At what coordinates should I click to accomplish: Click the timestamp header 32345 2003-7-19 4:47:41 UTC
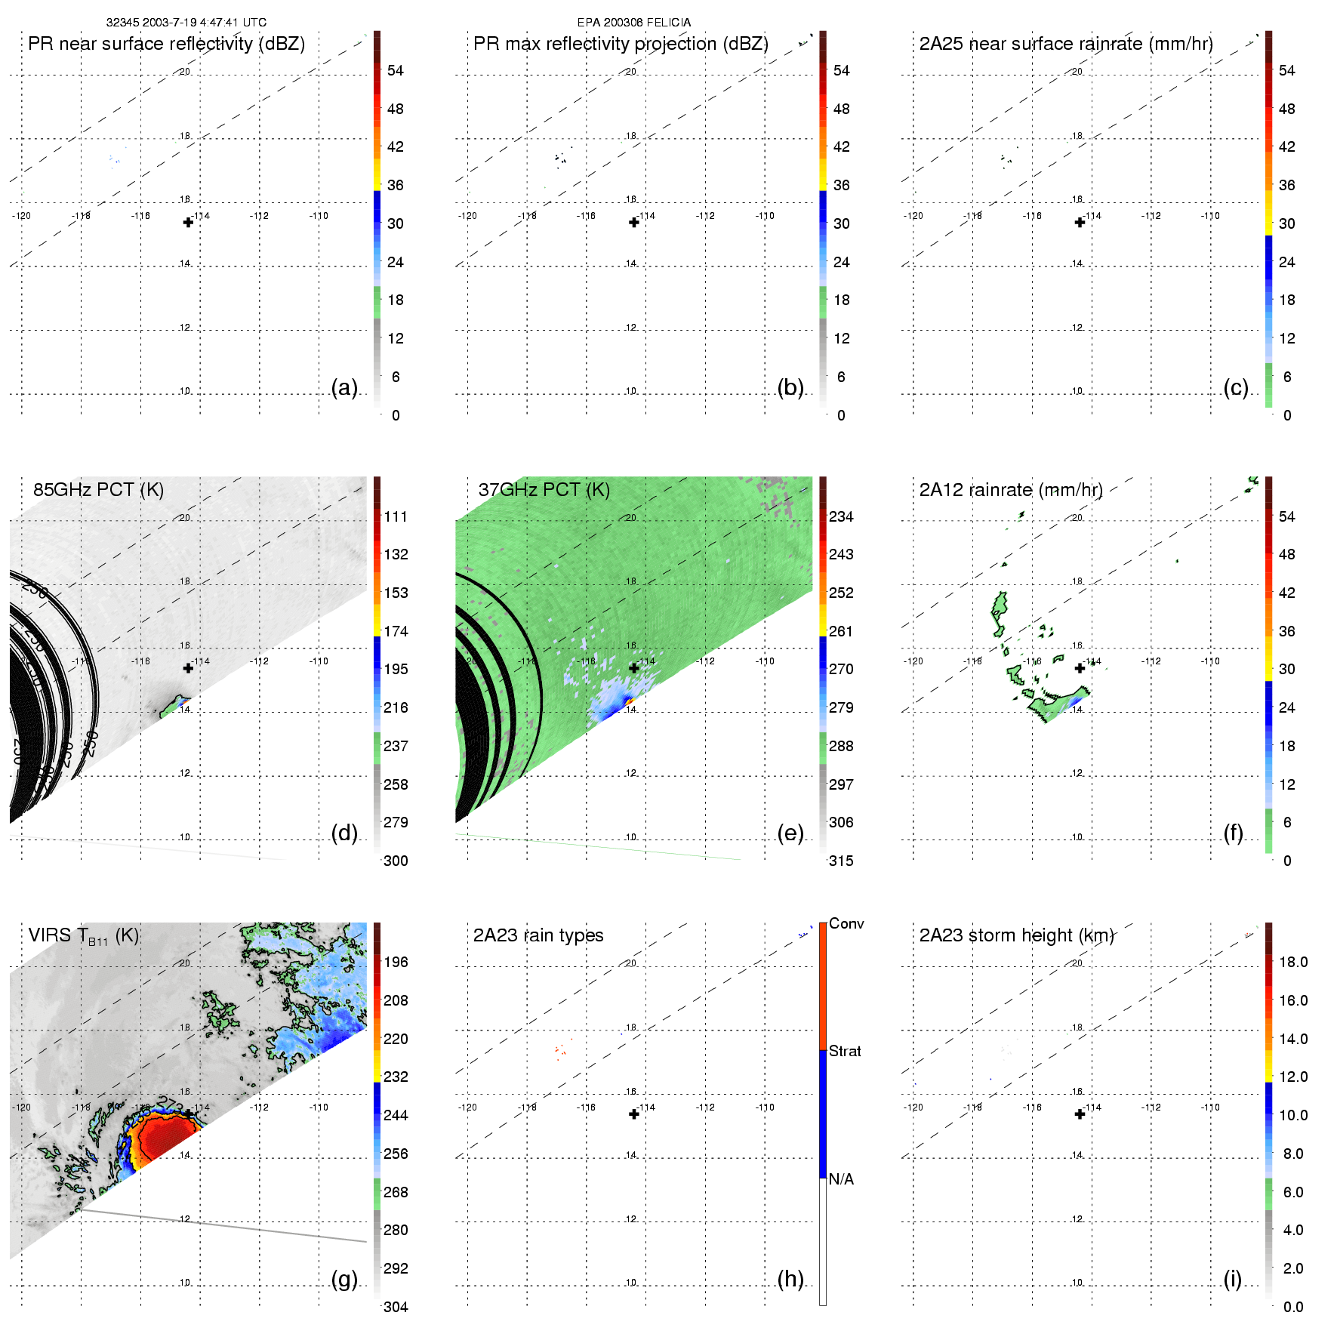[186, 23]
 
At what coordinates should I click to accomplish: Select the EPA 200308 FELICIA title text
[633, 23]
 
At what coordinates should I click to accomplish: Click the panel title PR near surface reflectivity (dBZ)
[166, 44]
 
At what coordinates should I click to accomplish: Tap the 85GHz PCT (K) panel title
[98, 490]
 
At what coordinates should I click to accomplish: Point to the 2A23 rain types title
[538, 935]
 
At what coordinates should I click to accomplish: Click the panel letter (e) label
[790, 833]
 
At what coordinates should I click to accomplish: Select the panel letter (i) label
[1232, 1279]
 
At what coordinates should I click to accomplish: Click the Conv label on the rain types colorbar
[846, 924]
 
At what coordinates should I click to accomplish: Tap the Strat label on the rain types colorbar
[845, 1051]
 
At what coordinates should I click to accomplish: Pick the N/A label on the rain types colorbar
[841, 1179]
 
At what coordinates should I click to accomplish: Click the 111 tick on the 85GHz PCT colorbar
[396, 516]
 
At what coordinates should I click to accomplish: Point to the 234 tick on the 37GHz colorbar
[841, 516]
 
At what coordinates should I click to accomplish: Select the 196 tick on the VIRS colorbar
[396, 962]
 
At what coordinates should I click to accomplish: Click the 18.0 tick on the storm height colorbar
[1292, 962]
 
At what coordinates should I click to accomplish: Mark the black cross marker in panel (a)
[188, 222]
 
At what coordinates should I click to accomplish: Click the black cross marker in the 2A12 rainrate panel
[1080, 668]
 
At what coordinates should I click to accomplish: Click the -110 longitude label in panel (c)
[1210, 216]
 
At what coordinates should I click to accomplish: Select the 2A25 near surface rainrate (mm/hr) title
[1066, 44]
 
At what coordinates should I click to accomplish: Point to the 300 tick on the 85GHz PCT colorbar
[396, 861]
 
